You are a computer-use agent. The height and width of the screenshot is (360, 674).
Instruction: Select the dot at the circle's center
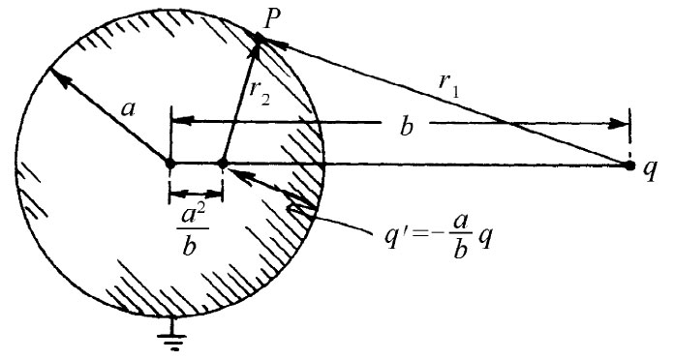[170, 164]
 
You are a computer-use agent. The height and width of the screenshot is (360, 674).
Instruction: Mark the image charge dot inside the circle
[223, 164]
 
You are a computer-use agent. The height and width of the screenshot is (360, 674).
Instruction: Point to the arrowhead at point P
[260, 38]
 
